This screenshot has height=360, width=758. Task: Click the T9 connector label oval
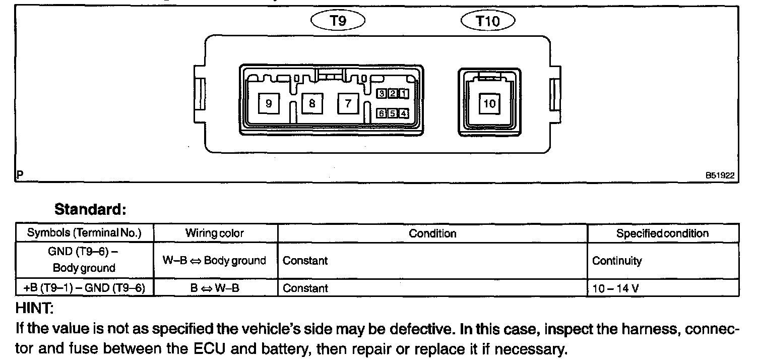pyautogui.click(x=337, y=21)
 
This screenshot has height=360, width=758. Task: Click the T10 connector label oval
pyautogui.click(x=488, y=21)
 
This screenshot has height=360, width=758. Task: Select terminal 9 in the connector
pyautogui.click(x=269, y=103)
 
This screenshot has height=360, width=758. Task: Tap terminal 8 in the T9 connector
pyautogui.click(x=312, y=103)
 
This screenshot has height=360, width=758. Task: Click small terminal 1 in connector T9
pyautogui.click(x=404, y=93)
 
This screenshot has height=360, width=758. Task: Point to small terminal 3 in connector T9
pyautogui.click(x=383, y=93)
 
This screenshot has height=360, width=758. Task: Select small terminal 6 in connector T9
pyautogui.click(x=383, y=113)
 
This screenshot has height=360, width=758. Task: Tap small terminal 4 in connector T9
pyautogui.click(x=404, y=113)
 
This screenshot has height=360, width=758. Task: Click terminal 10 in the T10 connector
pyautogui.click(x=489, y=104)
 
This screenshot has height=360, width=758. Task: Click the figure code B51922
pyautogui.click(x=720, y=175)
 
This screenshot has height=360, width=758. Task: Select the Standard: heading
pyautogui.click(x=90, y=209)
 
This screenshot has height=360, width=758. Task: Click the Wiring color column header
pyautogui.click(x=215, y=233)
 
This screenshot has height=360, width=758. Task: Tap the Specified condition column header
pyautogui.click(x=662, y=233)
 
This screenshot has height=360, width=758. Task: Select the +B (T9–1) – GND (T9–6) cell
pyautogui.click(x=84, y=288)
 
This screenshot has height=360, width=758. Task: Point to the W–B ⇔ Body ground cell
pyautogui.click(x=215, y=261)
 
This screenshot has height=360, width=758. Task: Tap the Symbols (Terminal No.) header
pyautogui.click(x=84, y=233)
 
